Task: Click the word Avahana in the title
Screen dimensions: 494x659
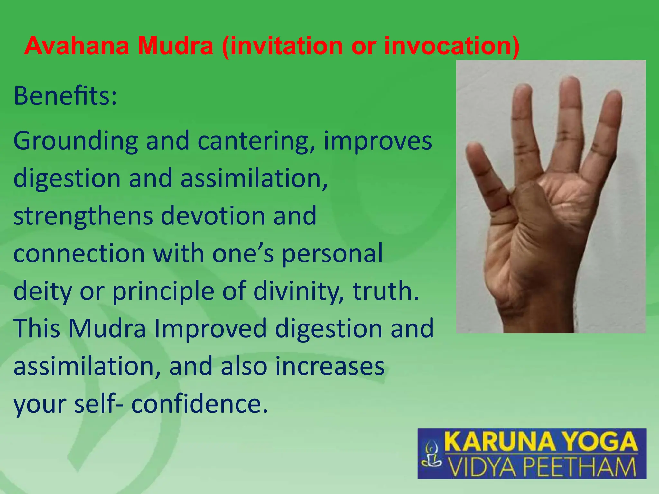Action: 77,46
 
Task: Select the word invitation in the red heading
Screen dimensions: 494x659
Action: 286,46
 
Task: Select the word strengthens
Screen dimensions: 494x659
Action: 83,216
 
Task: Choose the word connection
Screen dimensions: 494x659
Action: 79,253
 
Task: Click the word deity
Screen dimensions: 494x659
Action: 43,291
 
